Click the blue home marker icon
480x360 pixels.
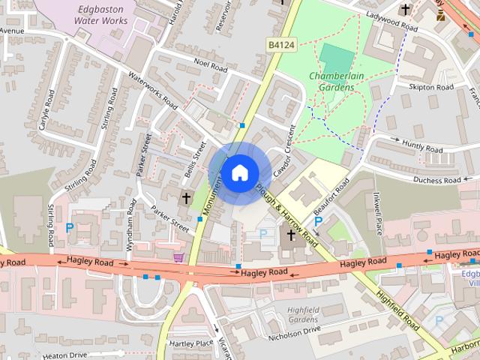tap(239, 173)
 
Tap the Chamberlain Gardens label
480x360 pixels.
tap(331, 82)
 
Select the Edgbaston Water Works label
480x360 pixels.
tap(102, 15)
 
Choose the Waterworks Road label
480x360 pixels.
tap(152, 90)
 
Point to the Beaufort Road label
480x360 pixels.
tap(333, 196)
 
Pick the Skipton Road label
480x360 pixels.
tap(431, 88)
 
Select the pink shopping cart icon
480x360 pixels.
tap(178, 258)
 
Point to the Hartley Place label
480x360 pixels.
tap(192, 342)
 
